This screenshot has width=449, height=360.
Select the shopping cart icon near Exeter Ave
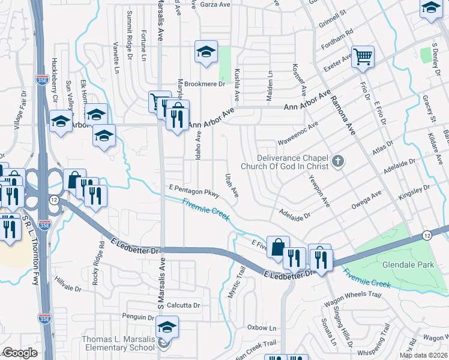tap(363, 57)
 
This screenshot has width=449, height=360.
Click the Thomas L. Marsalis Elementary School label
tap(118, 344)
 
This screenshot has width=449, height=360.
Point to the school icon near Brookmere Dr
tap(205, 52)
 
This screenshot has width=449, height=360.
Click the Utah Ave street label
tap(231, 185)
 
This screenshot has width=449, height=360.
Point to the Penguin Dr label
tap(137, 317)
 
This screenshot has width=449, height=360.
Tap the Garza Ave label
tap(218, 4)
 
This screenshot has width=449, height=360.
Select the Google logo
tap(20, 353)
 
